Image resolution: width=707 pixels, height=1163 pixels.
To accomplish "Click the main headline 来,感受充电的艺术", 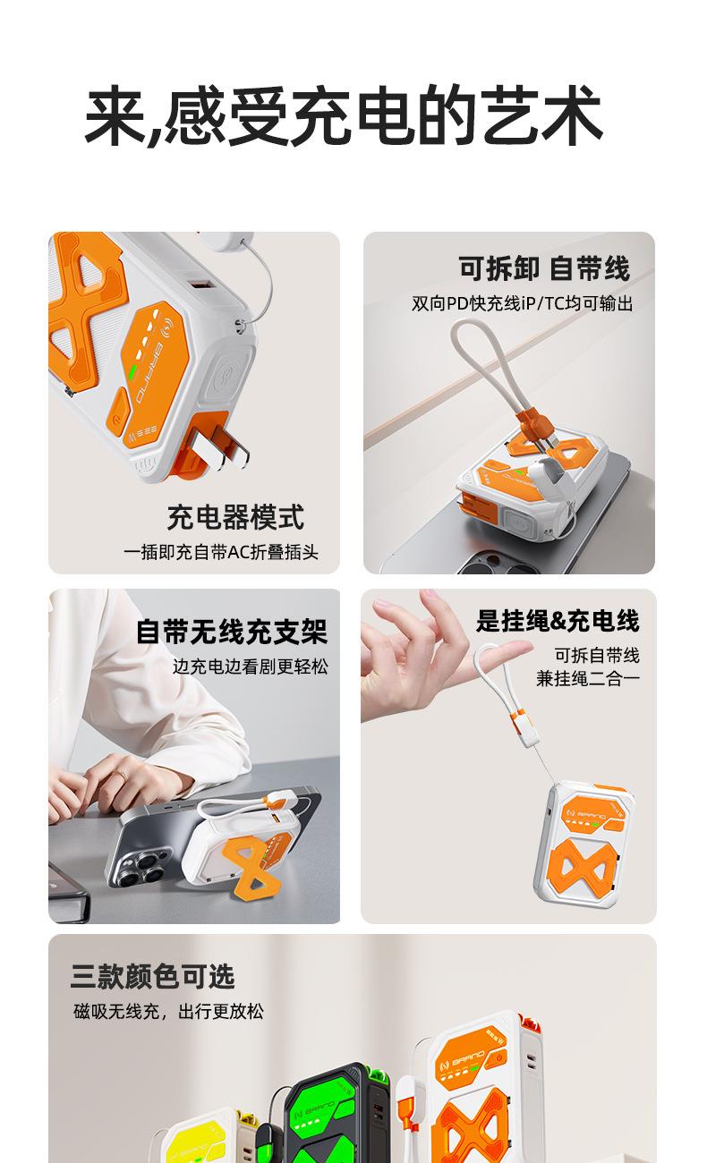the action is tap(344, 115).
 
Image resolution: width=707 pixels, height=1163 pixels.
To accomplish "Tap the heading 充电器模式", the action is tap(235, 517).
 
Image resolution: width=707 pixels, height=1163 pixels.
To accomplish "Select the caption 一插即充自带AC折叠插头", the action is tap(221, 552).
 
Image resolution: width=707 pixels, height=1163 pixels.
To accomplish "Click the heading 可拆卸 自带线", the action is tap(544, 268).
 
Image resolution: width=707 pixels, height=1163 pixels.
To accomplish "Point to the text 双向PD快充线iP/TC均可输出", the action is tap(522, 303).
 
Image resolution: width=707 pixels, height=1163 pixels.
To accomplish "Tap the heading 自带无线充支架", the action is tap(232, 632).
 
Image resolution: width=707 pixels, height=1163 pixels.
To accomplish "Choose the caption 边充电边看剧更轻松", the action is tap(251, 666).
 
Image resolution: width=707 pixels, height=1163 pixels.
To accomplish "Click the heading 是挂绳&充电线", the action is tap(558, 621).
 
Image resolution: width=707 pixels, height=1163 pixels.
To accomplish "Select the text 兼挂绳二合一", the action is tap(587, 679).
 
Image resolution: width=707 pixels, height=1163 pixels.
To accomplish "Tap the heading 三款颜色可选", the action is tap(153, 977).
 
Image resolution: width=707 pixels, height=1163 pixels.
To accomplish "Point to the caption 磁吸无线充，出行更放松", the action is tap(168, 1012).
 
